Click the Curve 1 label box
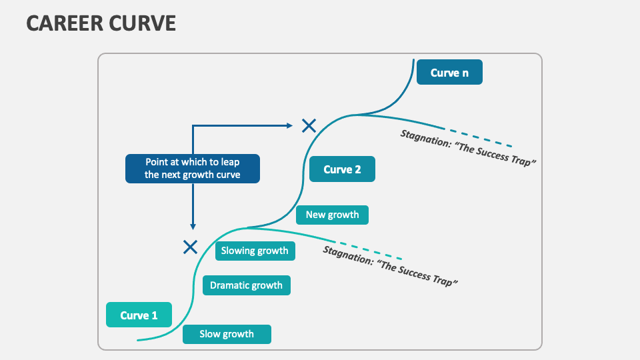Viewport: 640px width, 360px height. coord(139,315)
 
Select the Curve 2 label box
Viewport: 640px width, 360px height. coord(342,169)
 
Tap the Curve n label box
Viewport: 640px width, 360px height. coord(449,73)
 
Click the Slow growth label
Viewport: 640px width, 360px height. coord(227,334)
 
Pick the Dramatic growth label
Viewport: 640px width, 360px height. coord(247,285)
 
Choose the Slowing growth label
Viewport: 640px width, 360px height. coord(255,251)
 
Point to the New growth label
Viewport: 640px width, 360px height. coord(332,215)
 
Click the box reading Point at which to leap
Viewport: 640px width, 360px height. coord(192,169)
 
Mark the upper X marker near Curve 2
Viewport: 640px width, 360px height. coord(308,125)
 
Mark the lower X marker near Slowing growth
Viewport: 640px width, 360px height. coord(190,247)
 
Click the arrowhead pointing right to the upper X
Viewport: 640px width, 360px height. coord(289,125)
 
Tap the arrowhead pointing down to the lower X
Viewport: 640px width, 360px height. coord(193,227)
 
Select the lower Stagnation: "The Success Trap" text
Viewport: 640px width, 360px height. coord(391,266)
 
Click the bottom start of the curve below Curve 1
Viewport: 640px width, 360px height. coord(139,340)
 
